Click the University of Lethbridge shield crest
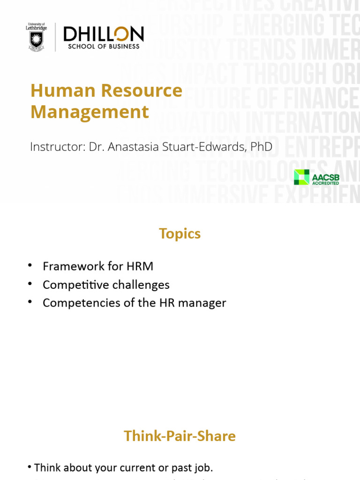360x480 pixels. coord(36,40)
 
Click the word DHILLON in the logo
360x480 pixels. coord(104,34)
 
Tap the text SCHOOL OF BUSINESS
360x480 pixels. coord(104,46)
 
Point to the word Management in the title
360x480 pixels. coord(90,112)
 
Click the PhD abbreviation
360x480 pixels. coord(261,146)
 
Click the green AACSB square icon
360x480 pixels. coord(301,177)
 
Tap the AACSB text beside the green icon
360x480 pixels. coord(325,177)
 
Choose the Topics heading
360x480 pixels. coord(180,233)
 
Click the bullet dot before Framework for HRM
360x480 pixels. coord(30,266)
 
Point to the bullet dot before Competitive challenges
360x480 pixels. coord(30,284)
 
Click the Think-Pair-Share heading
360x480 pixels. coord(180,436)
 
